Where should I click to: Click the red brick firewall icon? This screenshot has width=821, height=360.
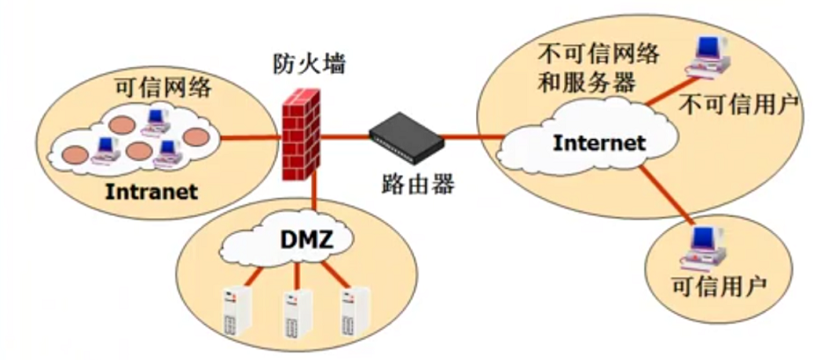point(301,137)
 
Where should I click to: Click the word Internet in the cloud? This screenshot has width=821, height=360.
point(599,143)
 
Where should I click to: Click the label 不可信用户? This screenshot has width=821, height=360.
point(739,105)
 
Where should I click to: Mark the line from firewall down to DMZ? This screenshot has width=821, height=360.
point(312,194)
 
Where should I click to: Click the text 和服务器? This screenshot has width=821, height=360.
point(585,84)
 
